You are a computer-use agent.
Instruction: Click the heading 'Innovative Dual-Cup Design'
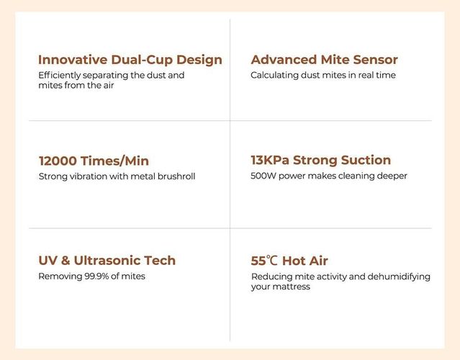[130, 60]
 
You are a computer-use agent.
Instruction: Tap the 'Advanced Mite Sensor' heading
[324, 60]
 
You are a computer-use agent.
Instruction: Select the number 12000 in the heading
[58, 161]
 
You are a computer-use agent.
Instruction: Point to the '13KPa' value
[270, 160]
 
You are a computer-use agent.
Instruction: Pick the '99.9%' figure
[96, 276]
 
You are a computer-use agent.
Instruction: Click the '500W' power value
[263, 176]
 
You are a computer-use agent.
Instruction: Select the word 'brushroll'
[176, 176]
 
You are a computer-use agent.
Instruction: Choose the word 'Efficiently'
[59, 76]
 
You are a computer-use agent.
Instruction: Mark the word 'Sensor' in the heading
[375, 60]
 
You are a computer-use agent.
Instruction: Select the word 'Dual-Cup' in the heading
[142, 60]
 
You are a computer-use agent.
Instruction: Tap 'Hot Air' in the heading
[305, 261]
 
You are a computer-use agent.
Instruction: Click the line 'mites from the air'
[76, 86]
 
